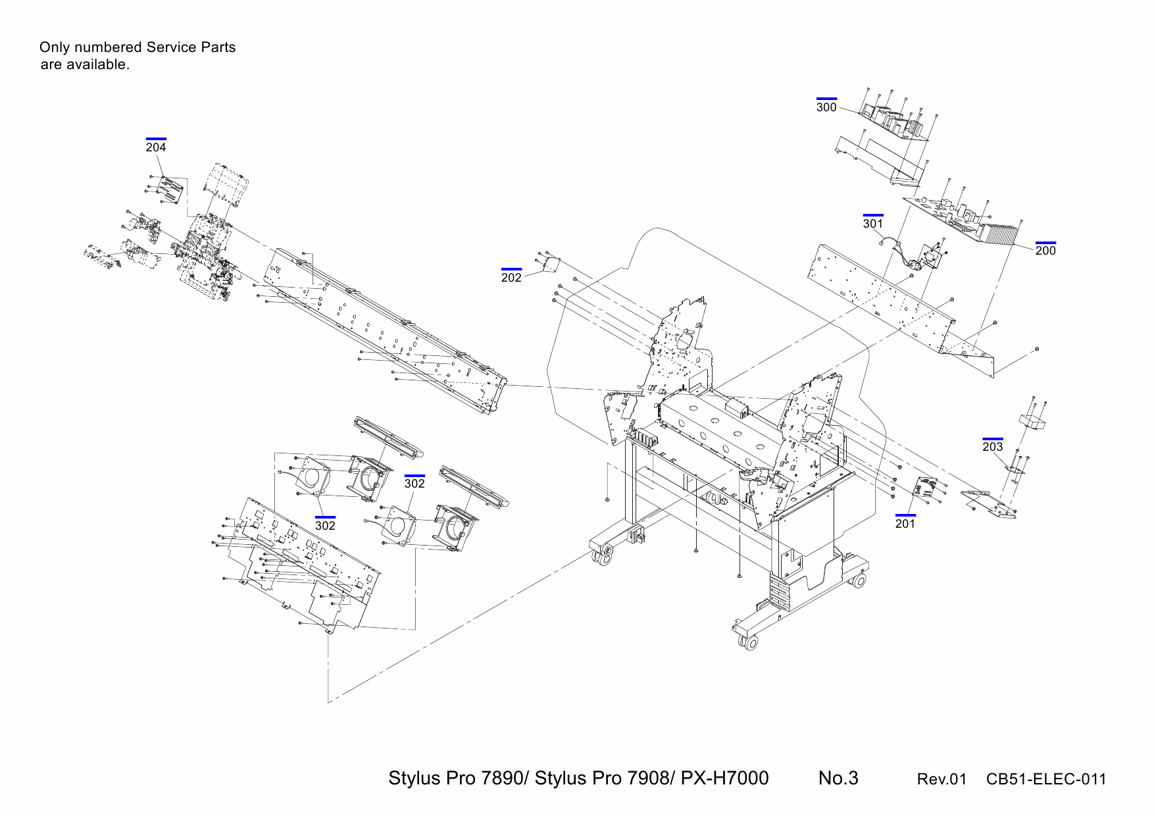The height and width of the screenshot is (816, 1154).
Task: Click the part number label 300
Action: click(x=826, y=107)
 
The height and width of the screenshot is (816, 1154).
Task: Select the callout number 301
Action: click(x=873, y=224)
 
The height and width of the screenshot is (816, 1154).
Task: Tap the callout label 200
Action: click(x=1045, y=251)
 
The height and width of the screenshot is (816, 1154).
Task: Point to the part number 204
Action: click(x=156, y=147)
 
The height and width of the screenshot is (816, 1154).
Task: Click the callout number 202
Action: click(x=511, y=278)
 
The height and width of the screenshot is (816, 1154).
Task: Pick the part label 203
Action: click(x=993, y=447)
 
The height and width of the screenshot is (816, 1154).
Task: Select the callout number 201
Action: click(x=905, y=524)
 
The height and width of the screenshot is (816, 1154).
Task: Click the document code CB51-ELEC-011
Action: click(x=1046, y=779)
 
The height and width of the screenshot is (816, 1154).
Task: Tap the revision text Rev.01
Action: click(x=941, y=779)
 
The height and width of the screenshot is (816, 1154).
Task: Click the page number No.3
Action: click(x=838, y=778)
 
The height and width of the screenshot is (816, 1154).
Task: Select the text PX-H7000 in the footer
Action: click(x=724, y=778)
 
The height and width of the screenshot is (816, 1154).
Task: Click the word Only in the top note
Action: click(x=54, y=47)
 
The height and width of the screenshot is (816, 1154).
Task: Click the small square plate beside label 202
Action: click(x=550, y=265)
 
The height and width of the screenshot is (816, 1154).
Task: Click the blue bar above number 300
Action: click(x=826, y=99)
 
